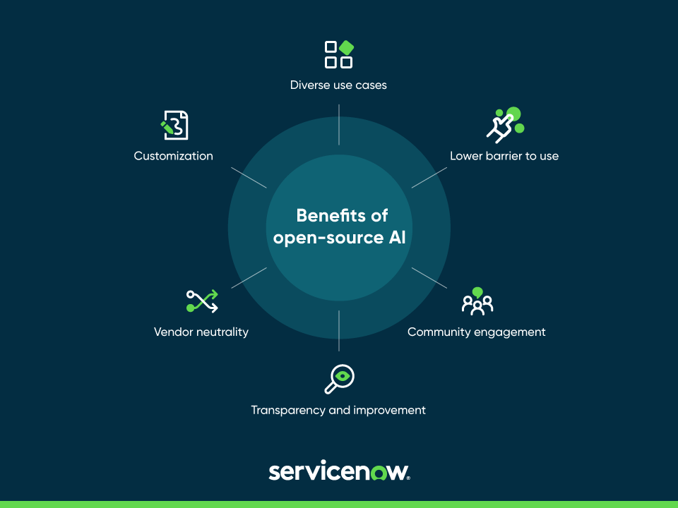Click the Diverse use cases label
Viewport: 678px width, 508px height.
[x=338, y=85]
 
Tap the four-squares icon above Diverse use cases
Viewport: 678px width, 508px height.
[x=338, y=54]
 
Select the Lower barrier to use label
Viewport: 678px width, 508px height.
[x=504, y=156]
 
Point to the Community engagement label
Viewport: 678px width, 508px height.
[x=477, y=332]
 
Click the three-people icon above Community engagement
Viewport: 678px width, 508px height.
[x=477, y=301]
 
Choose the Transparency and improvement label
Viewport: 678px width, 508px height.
[x=338, y=410]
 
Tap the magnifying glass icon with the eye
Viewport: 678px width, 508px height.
[x=339, y=379]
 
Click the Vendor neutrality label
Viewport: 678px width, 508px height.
[x=201, y=332]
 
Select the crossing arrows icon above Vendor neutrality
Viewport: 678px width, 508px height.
[x=202, y=301]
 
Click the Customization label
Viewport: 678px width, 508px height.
[x=174, y=156]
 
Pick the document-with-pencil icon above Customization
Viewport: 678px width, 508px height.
[x=174, y=125]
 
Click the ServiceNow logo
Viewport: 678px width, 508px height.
[x=339, y=471]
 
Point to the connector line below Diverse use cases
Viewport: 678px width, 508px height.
[x=339, y=125]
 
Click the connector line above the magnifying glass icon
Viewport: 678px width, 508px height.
[x=339, y=330]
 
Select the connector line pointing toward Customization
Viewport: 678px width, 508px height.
[x=249, y=177]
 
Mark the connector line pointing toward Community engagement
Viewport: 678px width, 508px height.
[x=429, y=277]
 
